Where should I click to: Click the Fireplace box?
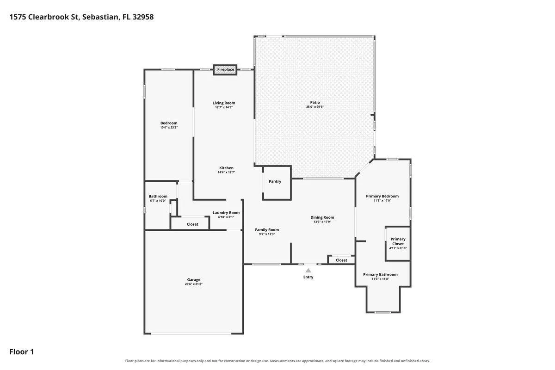pos(225,70)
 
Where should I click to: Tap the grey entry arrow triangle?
pos(308,271)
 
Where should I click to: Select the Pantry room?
pos(277,183)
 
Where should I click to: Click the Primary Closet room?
pos(398,244)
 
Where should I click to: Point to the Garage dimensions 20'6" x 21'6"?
pos(193,284)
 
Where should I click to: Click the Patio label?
pos(315,102)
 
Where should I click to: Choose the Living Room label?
pos(224,103)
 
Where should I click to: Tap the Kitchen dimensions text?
pos(226,172)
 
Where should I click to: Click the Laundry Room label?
pos(226,213)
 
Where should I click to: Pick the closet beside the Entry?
pos(341,260)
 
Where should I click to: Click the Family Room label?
pos(267,230)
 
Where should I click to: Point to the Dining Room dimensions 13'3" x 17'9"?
pos(322,222)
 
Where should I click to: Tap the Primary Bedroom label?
pos(382,196)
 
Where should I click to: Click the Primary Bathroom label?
pos(380,274)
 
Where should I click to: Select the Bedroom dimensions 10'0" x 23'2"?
pos(169,127)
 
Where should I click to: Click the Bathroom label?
pos(158,196)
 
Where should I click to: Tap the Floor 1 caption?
pos(22,352)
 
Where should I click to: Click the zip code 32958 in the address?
pos(143,17)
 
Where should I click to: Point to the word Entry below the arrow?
pos(308,277)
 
